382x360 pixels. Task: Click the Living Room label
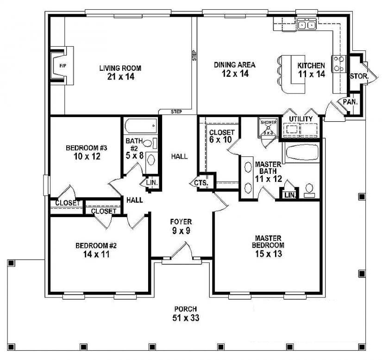(120, 68)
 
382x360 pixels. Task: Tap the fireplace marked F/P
(63, 66)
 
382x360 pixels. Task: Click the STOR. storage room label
(358, 76)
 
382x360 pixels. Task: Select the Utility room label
(301, 119)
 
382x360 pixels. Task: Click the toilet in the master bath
(309, 190)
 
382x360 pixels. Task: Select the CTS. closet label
(201, 183)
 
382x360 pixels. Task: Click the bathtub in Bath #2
(140, 126)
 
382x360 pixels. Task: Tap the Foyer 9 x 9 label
(181, 226)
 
